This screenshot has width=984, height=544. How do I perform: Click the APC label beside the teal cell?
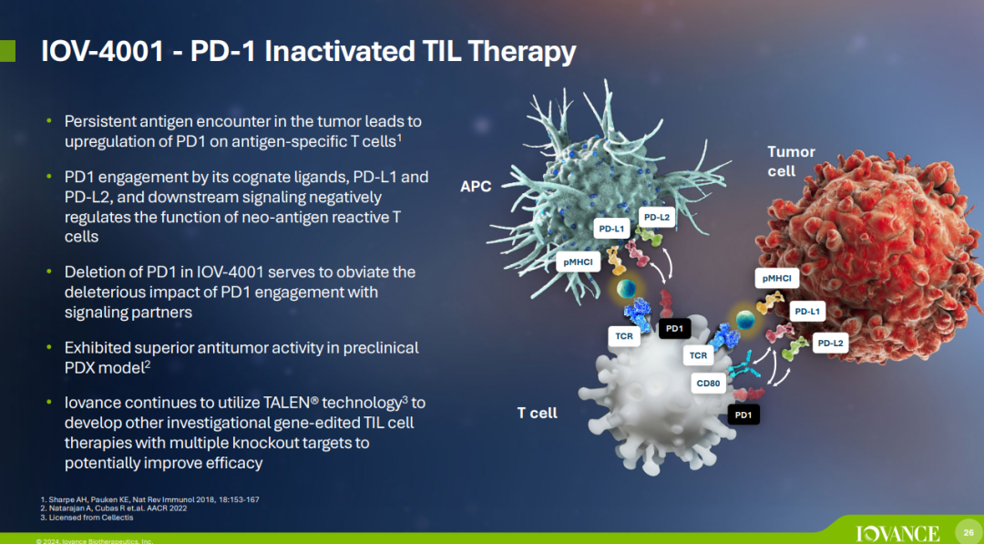click(476, 187)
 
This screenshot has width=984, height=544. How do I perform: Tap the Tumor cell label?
click(791, 161)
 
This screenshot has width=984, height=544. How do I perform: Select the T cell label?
click(538, 413)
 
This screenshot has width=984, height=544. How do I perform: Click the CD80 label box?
click(708, 383)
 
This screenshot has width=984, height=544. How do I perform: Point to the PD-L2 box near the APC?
click(657, 218)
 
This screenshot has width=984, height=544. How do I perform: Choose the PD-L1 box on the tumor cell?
click(807, 312)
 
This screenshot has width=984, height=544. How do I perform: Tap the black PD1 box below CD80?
click(743, 414)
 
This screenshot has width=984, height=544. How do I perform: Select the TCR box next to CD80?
click(699, 355)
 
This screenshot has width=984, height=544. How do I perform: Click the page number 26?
click(969, 532)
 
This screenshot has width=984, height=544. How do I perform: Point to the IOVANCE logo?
click(897, 533)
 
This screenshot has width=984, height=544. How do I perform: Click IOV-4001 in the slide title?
click(102, 52)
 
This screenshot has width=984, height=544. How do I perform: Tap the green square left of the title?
click(7, 51)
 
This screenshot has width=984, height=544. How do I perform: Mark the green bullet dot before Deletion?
click(49, 272)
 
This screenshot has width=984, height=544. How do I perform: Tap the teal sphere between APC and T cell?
click(626, 289)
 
